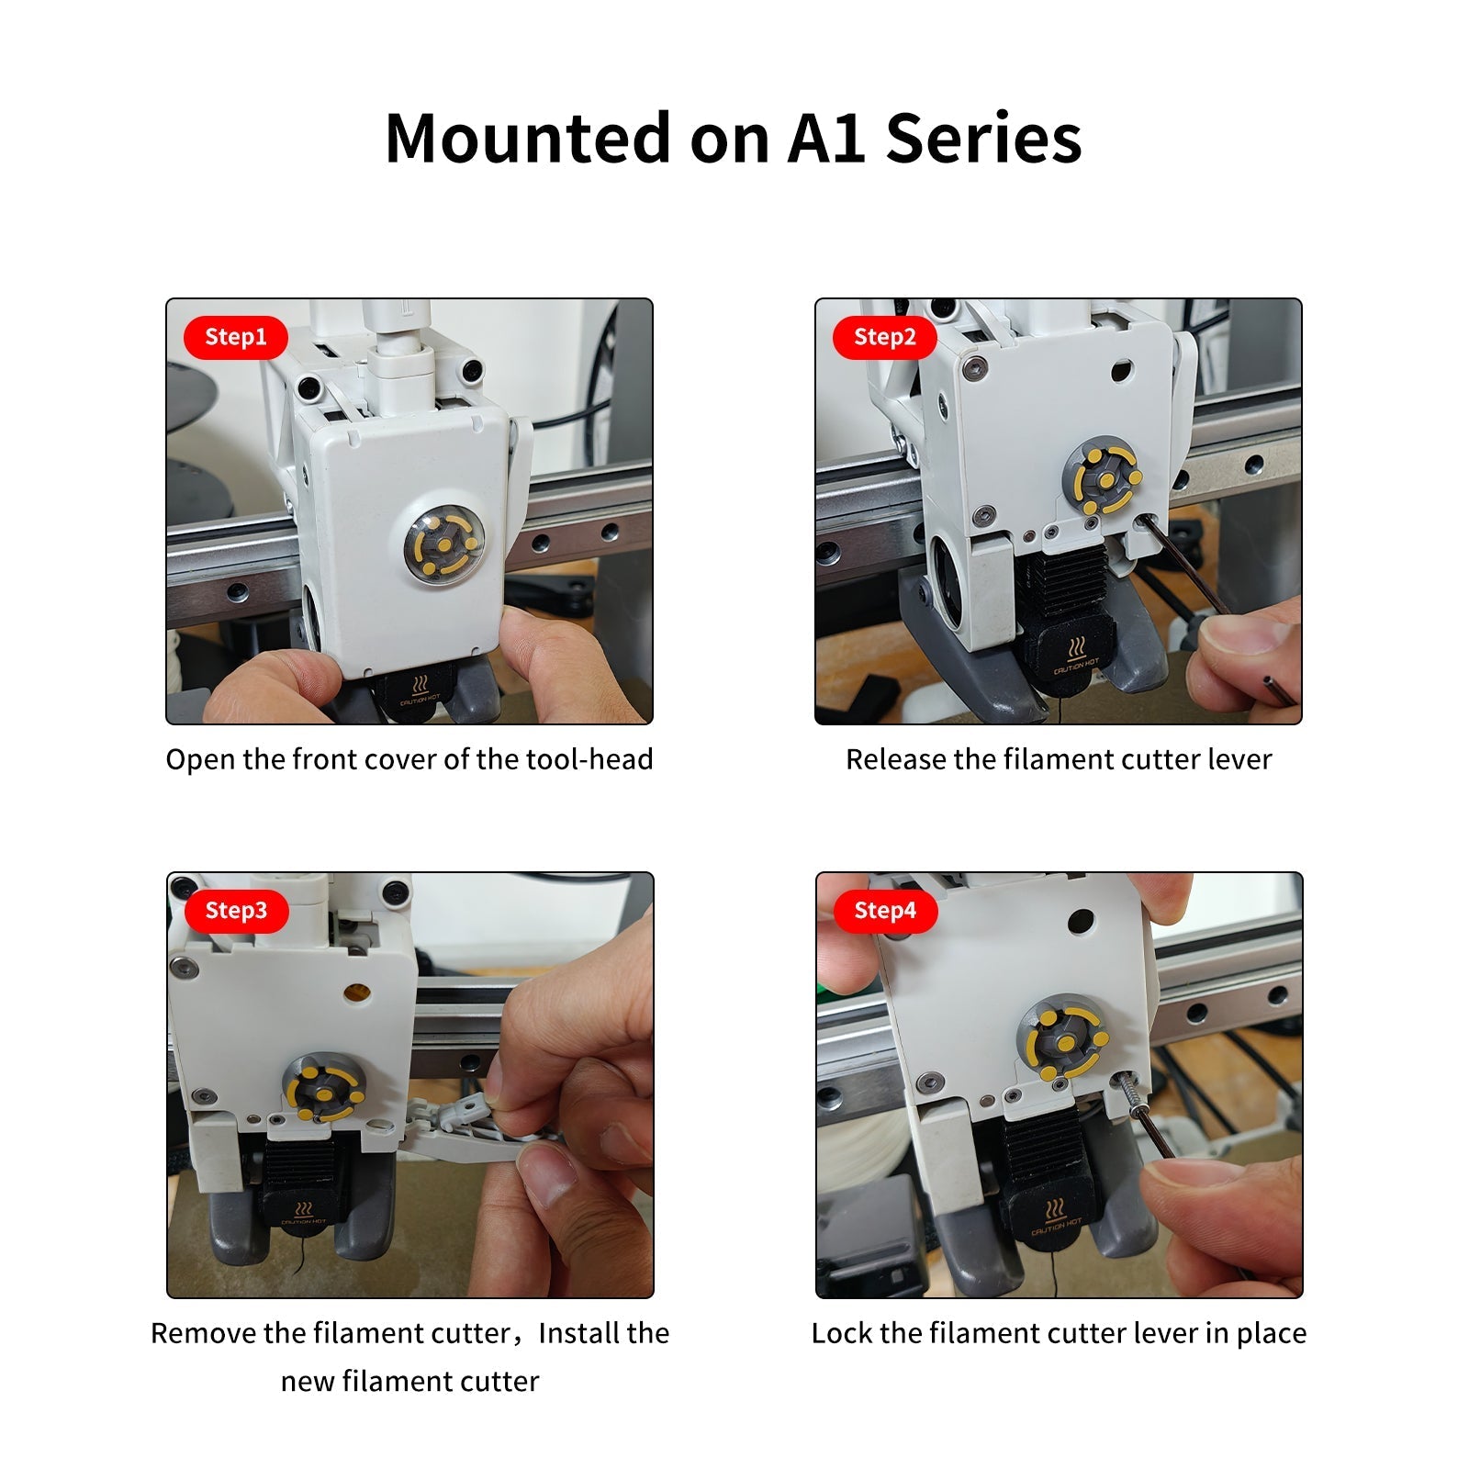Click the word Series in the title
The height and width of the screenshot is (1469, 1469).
(x=983, y=139)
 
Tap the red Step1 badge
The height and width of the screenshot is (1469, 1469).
(x=236, y=337)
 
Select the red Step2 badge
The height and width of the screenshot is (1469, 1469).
(x=885, y=337)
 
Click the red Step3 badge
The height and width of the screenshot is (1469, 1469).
(x=236, y=911)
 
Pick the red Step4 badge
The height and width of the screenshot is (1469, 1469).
(x=885, y=911)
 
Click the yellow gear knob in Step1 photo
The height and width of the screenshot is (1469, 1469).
(x=445, y=544)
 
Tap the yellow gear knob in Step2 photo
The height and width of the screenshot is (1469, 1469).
(x=1108, y=479)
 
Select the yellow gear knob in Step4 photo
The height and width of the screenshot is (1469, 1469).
(x=1066, y=1045)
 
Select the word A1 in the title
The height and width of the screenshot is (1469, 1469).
(x=826, y=139)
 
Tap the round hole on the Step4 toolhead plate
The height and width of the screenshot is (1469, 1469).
(x=1081, y=919)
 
